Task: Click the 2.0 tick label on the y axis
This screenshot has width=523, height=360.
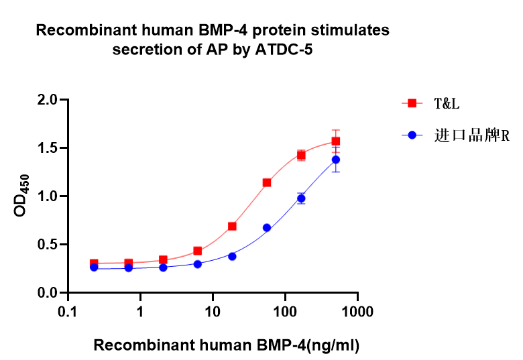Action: pos(48,100)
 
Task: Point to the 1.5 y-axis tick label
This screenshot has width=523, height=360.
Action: pos(48,148)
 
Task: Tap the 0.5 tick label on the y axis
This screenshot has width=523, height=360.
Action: pos(48,245)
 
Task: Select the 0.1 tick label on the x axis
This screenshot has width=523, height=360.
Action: pos(68,312)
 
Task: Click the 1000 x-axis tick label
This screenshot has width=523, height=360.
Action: pos(357,312)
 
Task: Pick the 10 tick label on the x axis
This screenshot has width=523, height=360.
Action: pos(213,312)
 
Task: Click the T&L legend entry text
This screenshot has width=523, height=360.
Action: pos(447,104)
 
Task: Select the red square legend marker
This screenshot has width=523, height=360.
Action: pos(412,103)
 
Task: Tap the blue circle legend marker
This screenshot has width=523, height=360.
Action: pos(412,135)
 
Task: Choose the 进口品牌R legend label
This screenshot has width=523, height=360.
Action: pos(471,135)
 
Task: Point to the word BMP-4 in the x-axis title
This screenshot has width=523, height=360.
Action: pos(281,345)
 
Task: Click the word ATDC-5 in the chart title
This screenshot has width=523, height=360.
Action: pos(284,50)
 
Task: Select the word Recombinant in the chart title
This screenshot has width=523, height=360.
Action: pos(86,30)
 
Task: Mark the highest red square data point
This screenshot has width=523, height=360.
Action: pos(336,141)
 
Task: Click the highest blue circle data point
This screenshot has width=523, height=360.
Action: pos(336,160)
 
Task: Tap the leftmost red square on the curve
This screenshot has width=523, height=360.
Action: pos(94,263)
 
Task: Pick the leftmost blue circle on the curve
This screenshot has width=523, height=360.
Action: pos(94,267)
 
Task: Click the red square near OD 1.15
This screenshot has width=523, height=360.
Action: pos(267,182)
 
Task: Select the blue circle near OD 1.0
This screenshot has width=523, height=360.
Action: pos(301,198)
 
